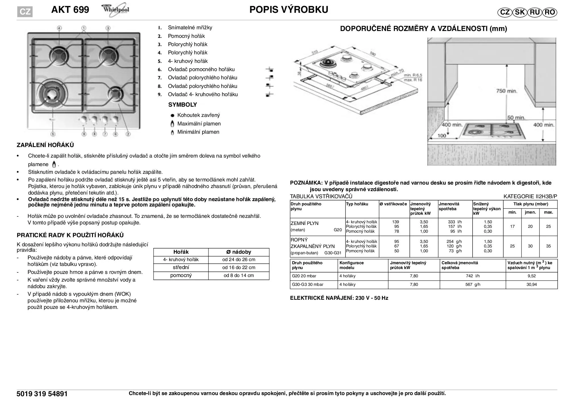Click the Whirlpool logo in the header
115,10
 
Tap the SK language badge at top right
520,12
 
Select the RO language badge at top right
550,12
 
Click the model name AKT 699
70,10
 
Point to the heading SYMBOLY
183,105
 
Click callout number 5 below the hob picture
53,134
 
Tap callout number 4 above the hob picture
59,28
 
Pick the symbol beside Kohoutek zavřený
172,115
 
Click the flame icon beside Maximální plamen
172,124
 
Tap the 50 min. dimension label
516,118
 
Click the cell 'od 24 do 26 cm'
239,260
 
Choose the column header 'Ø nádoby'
239,252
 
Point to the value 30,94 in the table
531,284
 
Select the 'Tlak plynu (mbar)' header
531,204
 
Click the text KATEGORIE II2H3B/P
530,197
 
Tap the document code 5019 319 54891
42,394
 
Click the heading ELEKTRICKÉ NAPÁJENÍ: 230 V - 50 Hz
339,298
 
